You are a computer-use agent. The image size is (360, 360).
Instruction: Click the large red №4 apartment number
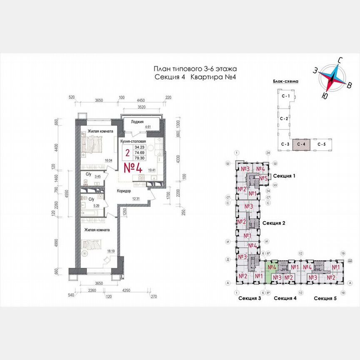pos(133,168)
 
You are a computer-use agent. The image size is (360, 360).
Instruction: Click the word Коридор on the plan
pos(124,191)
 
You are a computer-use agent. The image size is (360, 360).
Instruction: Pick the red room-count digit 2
pos(127,153)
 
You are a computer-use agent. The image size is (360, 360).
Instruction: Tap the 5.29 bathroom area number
pos(97,205)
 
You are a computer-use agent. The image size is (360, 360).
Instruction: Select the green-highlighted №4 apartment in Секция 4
pos(272,267)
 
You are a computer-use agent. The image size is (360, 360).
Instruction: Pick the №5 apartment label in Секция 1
pos(263,178)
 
